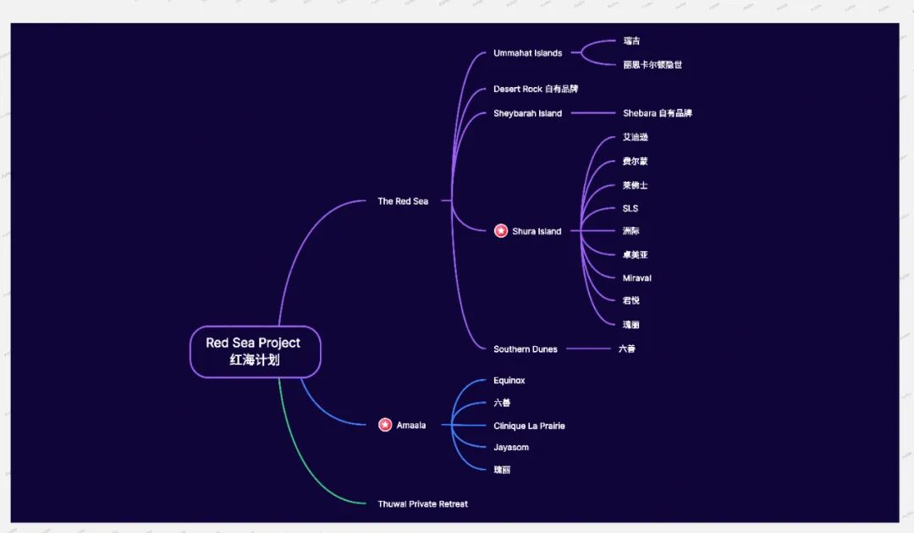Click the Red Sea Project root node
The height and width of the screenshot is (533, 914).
[x=255, y=351]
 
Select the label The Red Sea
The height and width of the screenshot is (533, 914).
[x=403, y=201]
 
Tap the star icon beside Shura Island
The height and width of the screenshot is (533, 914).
[x=501, y=231]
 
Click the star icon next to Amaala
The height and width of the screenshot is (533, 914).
[x=385, y=425]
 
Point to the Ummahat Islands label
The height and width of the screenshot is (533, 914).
[x=527, y=53]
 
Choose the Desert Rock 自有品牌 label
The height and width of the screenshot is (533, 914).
[x=536, y=89]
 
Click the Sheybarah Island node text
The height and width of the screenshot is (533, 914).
[x=527, y=113]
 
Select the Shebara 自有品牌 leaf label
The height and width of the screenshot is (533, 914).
[x=657, y=113]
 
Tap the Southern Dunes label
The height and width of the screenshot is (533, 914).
[x=525, y=349]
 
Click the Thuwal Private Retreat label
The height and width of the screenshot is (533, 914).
[x=422, y=503]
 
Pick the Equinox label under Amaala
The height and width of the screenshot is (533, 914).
[x=509, y=381]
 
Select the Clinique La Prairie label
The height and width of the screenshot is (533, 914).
[x=529, y=426]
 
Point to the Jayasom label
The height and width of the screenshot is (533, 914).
[x=511, y=447]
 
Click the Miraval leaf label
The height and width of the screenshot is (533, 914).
[x=636, y=277]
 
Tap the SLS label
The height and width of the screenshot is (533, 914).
[x=630, y=208]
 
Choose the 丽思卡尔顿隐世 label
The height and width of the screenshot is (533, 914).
[x=652, y=64]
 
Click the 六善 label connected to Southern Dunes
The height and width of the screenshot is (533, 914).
[x=626, y=348]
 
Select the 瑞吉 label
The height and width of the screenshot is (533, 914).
[x=631, y=41]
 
